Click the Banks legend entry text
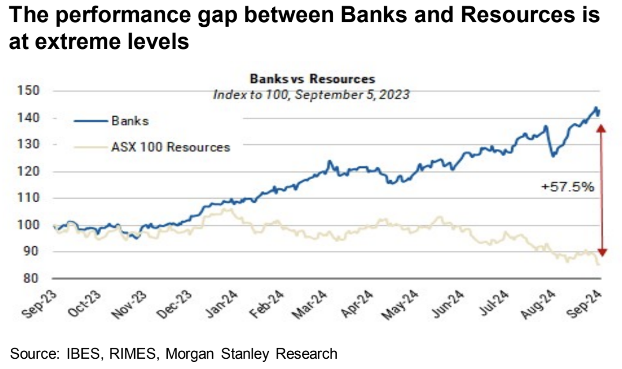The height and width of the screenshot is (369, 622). [x=130, y=121]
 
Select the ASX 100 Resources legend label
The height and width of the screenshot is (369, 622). [x=171, y=147]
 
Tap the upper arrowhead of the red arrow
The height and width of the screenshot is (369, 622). [x=602, y=127]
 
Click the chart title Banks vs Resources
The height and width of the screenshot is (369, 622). [x=312, y=79]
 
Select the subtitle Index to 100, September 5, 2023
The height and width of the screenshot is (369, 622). [x=312, y=95]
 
